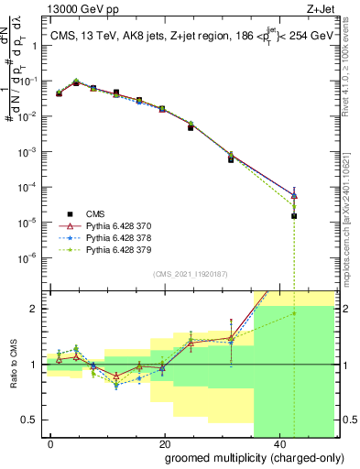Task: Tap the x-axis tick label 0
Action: click(x=51, y=443)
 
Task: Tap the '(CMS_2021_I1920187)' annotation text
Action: click(x=190, y=272)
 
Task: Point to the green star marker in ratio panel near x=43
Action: click(x=294, y=313)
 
